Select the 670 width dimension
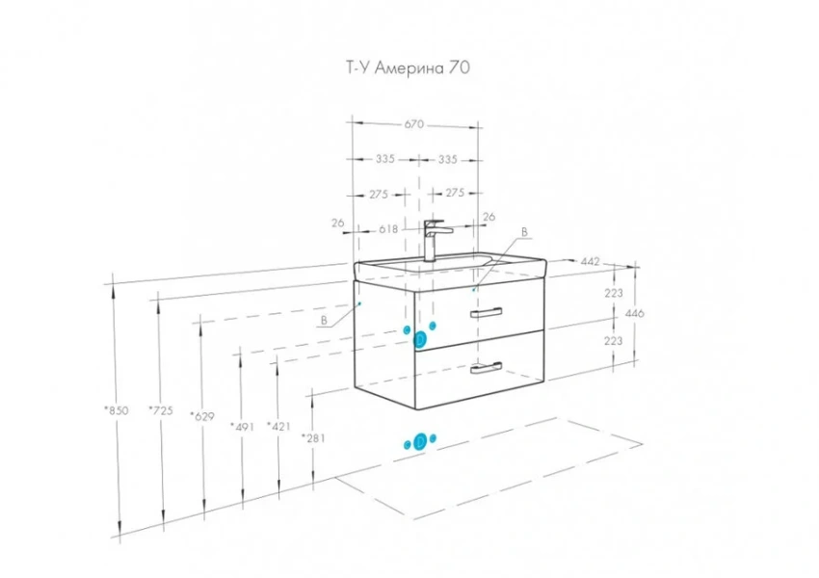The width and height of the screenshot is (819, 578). tap(413, 124)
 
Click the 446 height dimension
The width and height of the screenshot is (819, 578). tap(635, 314)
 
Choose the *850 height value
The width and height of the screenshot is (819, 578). tap(116, 411)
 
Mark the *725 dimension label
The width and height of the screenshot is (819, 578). tap(160, 411)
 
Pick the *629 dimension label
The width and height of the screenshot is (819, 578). tap(202, 415)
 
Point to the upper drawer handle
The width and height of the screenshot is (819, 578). tap(487, 312)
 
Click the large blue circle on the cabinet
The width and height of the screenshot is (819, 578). tap(420, 339)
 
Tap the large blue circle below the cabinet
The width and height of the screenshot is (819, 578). tap(420, 442)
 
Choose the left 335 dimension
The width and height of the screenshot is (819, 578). tap(385, 159)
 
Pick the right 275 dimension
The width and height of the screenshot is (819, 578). tap(455, 194)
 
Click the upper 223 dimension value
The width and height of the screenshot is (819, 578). tap(614, 293)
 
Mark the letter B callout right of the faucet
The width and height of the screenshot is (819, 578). tap(524, 232)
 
